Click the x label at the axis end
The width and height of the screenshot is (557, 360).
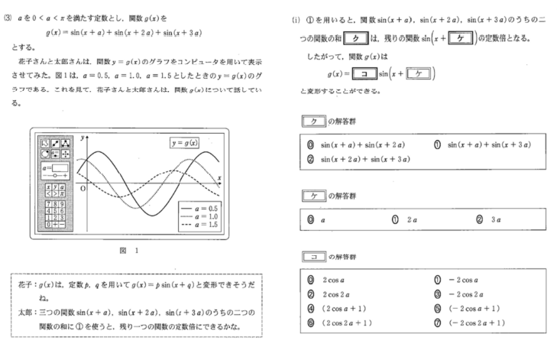219,177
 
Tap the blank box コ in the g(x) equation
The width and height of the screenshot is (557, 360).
351,74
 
